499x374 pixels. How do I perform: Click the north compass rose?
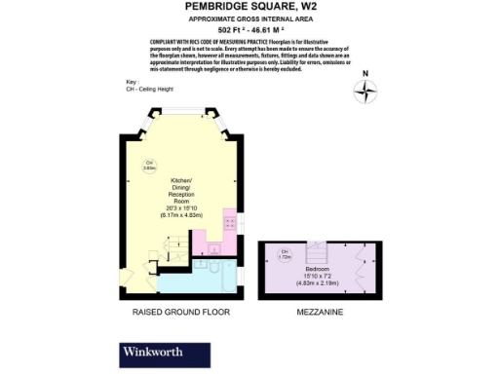[x=365, y=92]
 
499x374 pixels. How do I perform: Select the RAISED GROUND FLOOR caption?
[x=181, y=314]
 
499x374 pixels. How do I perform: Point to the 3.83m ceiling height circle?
[x=150, y=166]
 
